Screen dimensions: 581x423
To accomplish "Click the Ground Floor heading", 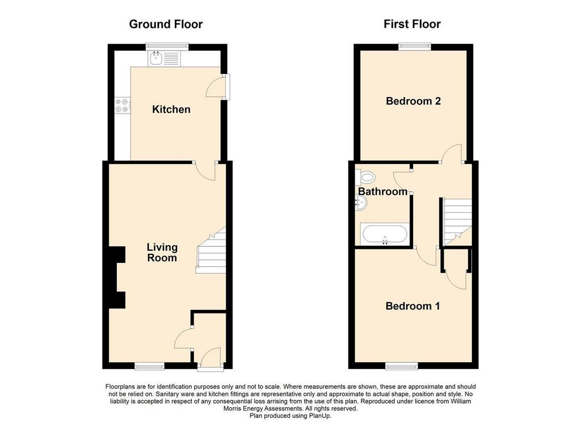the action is tap(166, 24).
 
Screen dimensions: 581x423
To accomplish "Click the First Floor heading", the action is tap(412, 24).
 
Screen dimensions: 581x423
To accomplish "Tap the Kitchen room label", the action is tap(171, 110).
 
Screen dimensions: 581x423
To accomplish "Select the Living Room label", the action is tap(162, 253).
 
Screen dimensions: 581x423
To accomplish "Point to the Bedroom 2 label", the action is tap(413, 101).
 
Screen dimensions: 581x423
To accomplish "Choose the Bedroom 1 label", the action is tap(413, 306).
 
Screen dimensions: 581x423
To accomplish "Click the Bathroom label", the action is tap(383, 191).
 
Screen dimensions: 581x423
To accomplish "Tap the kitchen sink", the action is tap(164, 58).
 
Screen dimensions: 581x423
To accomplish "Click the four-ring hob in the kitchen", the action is tap(123, 104).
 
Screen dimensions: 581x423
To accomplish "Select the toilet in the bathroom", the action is tap(365, 177).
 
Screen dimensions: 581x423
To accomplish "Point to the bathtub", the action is tap(385, 234).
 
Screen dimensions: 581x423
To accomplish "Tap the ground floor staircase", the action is tap(211, 250).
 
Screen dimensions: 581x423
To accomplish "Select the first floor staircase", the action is tap(458, 221).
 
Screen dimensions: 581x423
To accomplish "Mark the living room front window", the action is tap(149, 366).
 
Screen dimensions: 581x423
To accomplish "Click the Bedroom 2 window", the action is tap(415, 47).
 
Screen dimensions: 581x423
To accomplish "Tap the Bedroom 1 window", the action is tap(402, 366).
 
